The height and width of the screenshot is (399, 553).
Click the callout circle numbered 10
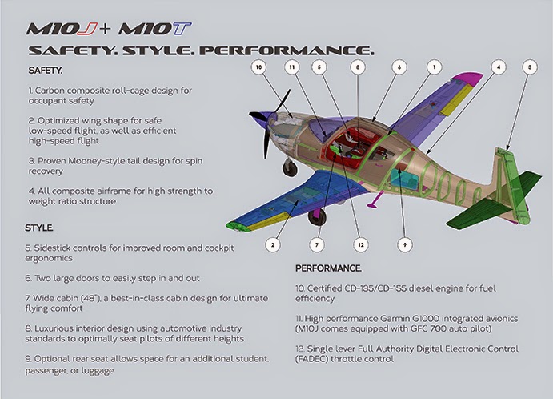tap(258, 67)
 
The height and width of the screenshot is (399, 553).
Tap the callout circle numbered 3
tap(530, 67)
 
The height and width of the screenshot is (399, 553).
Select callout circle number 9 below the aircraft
tap(405, 244)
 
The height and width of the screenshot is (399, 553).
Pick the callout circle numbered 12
tap(361, 244)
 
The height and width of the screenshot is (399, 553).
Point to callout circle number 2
tap(273, 244)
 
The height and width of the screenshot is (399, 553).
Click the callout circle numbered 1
tap(434, 67)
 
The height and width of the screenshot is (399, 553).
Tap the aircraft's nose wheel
tap(290, 167)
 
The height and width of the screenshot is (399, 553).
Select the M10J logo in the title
tap(62, 30)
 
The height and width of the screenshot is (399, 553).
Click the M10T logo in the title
tap(155, 30)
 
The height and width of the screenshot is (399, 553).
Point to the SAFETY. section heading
tap(45, 71)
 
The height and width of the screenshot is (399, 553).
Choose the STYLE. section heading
tap(38, 228)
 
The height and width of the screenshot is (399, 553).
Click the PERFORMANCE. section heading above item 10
tap(328, 268)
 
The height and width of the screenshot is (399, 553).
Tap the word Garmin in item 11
tap(393, 319)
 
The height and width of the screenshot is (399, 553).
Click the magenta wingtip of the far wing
tap(470, 79)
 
